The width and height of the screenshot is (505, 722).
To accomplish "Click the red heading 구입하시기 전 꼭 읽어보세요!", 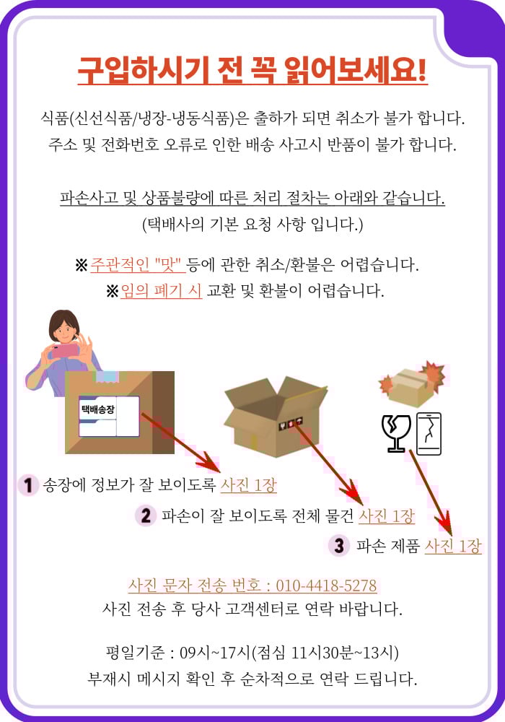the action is click(252, 71).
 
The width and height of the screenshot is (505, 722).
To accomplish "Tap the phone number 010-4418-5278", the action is click(326, 586).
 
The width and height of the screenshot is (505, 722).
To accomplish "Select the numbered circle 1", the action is click(27, 485).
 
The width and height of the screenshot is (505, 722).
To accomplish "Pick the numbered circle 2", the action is click(145, 516).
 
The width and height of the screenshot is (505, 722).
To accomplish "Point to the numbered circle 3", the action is click(339, 546).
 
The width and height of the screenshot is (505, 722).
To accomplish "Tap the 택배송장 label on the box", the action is click(97, 409).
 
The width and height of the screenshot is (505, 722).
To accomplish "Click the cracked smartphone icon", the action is click(429, 434).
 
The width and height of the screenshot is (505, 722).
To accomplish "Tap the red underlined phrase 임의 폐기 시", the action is click(161, 290).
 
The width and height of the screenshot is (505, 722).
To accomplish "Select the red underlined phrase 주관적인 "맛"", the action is click(138, 265).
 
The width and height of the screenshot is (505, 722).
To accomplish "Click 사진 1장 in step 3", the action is click(452, 546).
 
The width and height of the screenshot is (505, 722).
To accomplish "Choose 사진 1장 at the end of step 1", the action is click(248, 485).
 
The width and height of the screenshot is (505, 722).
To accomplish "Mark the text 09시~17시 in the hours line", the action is click(215, 653).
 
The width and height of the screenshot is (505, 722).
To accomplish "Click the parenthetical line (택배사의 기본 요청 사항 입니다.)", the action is click(252, 225).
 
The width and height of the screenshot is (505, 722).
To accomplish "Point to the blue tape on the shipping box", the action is click(107, 377).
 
